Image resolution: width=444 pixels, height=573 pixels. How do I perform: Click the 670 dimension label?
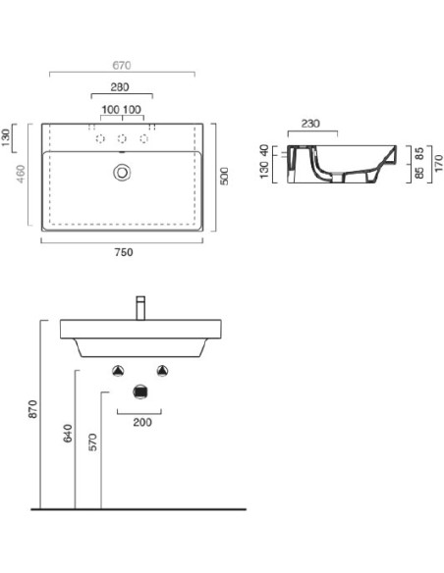click(122, 66)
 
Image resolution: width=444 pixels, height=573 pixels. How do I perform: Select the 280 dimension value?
click(120, 87)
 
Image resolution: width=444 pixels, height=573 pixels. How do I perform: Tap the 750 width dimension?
click(124, 252)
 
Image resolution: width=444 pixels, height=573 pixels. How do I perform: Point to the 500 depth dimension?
click(224, 177)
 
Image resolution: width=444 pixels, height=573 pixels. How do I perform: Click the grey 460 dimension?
click(21, 175)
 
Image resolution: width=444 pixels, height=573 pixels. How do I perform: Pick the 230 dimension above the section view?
click(310, 124)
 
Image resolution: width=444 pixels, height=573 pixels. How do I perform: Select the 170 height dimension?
click(438, 163)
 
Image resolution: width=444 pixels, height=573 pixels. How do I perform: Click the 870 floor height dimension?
click(33, 409)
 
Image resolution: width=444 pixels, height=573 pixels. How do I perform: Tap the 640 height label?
click(68, 434)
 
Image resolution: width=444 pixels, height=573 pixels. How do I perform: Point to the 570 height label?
click(93, 443)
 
